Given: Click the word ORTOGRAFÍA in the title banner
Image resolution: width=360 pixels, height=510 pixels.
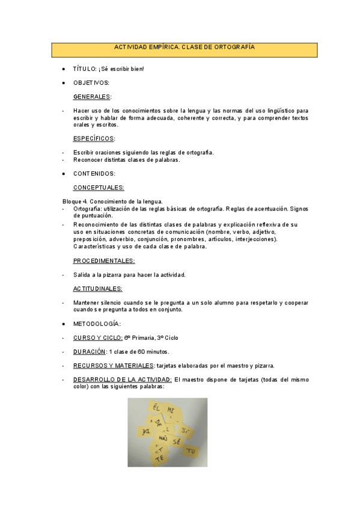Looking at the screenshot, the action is (232, 47).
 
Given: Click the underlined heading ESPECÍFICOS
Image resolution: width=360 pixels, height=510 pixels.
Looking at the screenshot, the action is (93, 138).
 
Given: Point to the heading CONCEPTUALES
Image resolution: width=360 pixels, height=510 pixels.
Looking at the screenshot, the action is (98, 188).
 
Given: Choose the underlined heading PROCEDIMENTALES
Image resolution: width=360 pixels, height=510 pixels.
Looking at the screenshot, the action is (103, 260).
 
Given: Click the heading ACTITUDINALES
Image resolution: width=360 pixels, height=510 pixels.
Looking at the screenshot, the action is (97, 288).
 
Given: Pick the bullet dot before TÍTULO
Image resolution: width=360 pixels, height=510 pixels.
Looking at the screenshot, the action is (64, 69).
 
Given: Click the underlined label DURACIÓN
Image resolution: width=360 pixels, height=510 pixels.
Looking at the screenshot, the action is (89, 351).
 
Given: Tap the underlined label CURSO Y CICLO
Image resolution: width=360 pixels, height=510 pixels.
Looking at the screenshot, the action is (97, 337).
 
